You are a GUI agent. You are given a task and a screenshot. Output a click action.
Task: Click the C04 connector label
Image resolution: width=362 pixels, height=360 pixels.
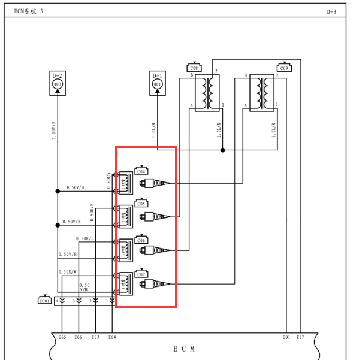click(x=142, y=171)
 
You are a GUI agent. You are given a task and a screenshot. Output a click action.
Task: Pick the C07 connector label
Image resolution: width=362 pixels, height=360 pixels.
click(x=142, y=274)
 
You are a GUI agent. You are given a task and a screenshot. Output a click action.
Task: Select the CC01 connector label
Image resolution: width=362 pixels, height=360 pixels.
click(x=44, y=300)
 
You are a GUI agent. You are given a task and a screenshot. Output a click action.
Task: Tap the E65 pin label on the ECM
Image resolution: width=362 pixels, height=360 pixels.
click(x=62, y=338)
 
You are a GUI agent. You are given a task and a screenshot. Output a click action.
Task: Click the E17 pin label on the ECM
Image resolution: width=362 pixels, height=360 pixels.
click(x=300, y=338)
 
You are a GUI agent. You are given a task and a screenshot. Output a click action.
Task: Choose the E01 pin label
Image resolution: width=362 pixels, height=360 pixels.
click(x=286, y=338)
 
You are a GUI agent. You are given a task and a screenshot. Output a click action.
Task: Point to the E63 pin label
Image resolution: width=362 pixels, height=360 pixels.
click(x=95, y=338)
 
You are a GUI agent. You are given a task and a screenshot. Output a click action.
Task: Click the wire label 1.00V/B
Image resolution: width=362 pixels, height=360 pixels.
click(x=53, y=128)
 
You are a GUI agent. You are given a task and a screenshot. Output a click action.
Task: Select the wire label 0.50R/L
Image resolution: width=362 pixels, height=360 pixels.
click(x=85, y=239)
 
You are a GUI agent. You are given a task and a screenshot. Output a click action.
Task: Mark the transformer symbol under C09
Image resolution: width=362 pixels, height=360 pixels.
click(x=263, y=92)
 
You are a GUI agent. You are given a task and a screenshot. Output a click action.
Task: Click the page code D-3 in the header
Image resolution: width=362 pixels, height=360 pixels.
click(x=348, y=11)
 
